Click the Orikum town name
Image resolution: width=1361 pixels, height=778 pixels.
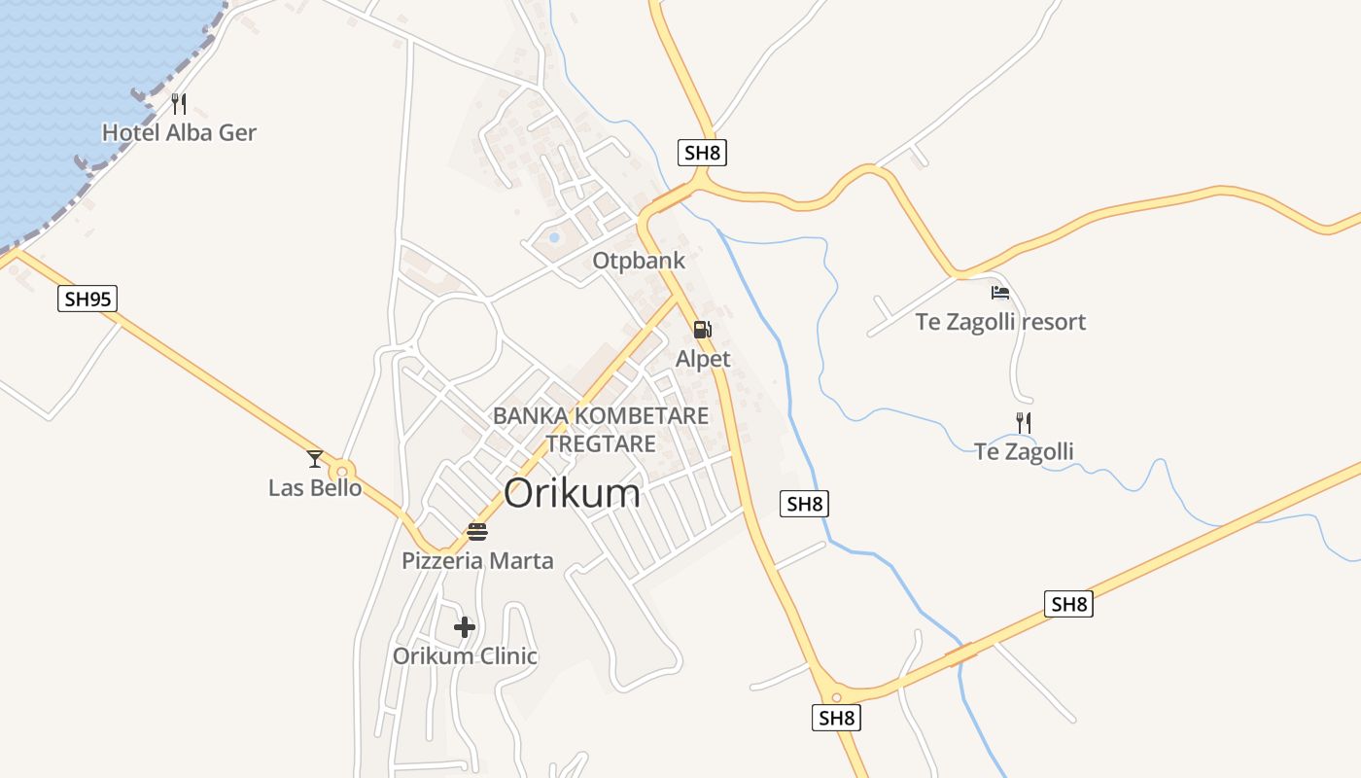[x=572, y=493]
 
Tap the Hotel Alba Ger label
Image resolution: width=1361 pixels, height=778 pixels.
[x=179, y=132]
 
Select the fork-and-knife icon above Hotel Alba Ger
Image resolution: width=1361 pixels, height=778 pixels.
[x=179, y=104]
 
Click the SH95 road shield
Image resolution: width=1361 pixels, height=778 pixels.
[x=87, y=299]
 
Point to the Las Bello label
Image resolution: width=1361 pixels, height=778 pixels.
[x=315, y=487]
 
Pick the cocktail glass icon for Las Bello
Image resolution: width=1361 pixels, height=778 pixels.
[x=315, y=459]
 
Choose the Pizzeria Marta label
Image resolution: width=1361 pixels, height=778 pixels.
[x=477, y=560]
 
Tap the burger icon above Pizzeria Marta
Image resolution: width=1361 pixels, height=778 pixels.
[x=477, y=532]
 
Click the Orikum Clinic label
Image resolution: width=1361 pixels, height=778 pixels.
[x=465, y=655]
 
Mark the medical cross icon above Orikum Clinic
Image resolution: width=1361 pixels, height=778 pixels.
[x=465, y=627]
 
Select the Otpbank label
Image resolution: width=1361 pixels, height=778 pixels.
[x=639, y=261]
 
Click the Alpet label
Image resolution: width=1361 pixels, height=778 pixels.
[x=703, y=359]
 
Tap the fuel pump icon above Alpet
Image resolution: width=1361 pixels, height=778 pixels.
[x=703, y=330]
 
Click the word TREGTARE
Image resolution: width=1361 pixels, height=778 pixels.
[x=601, y=443]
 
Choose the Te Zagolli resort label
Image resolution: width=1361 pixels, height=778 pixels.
[x=1000, y=321]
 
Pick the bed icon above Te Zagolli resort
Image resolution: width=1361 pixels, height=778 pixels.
[x=1000, y=292]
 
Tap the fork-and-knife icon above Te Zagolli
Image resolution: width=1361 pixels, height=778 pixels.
[x=1024, y=423]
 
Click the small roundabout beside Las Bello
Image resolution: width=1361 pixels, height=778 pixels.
[x=342, y=471]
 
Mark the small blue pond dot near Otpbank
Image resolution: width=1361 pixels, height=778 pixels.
[x=554, y=237]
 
